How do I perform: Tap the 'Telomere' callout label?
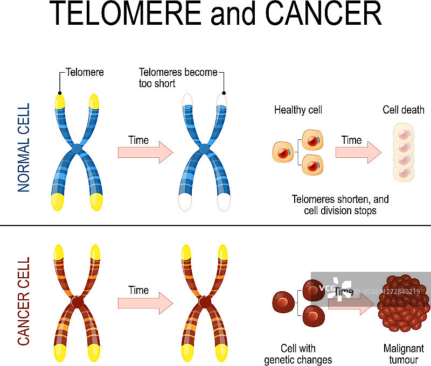point(85,72)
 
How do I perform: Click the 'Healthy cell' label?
point(298,110)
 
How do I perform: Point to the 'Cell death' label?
point(404,110)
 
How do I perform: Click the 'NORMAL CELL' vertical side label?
point(24,147)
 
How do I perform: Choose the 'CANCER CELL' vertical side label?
point(24,301)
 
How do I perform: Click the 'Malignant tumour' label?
point(404,354)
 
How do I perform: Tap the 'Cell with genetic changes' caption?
point(298,354)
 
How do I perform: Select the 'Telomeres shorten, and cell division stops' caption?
point(340,205)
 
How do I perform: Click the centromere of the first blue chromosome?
point(77,147)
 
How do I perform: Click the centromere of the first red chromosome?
point(77,301)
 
